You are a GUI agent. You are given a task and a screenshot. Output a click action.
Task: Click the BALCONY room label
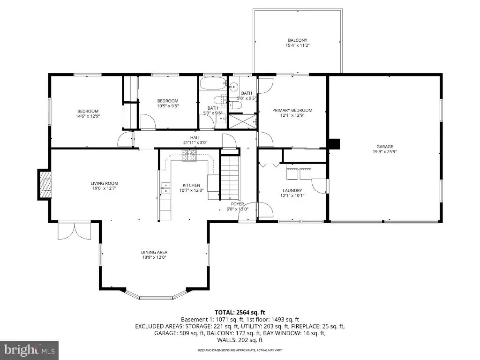[x=297, y=40]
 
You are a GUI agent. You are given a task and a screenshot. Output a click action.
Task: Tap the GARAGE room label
[x=384, y=147]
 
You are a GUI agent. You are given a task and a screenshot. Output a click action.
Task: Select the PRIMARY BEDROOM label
[x=292, y=110]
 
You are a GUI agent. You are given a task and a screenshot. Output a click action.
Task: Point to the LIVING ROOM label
[x=105, y=183]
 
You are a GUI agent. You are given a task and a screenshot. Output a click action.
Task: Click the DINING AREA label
[x=154, y=252]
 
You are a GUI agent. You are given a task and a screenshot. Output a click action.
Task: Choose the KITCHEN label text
[x=191, y=185]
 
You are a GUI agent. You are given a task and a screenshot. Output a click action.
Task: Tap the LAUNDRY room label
[x=292, y=190]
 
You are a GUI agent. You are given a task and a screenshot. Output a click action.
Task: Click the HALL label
[x=195, y=138]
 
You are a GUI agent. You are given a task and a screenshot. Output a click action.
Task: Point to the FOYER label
[x=238, y=204]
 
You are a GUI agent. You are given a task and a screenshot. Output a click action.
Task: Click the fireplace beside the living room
[x=44, y=185]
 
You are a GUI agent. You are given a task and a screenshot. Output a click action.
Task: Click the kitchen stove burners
[x=189, y=155]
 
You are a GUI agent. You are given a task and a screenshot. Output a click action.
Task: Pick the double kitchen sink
[x=165, y=188]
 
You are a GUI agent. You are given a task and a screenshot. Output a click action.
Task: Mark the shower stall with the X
[x=242, y=121]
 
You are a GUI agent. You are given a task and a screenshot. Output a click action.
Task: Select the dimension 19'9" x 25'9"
[x=384, y=151]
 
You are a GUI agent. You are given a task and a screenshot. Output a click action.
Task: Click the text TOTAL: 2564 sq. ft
[x=240, y=313]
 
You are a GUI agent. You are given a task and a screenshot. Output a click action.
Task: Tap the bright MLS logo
[x=30, y=350]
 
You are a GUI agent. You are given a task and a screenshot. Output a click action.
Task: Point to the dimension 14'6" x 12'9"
[x=88, y=116]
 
